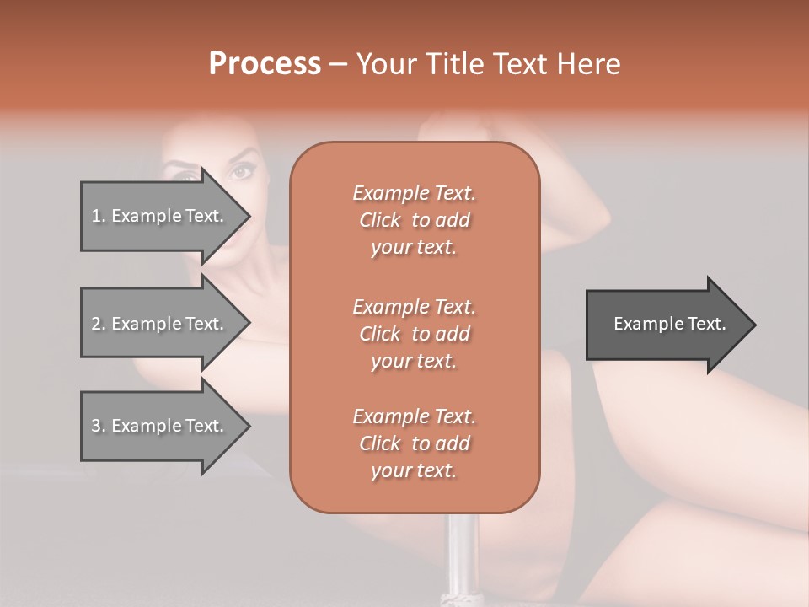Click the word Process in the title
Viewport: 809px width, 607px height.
point(265,64)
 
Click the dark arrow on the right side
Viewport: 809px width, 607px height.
point(666,325)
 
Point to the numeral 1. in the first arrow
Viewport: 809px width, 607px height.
point(99,216)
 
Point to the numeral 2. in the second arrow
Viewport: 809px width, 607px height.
point(99,324)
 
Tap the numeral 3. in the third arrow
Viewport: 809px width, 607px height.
point(99,426)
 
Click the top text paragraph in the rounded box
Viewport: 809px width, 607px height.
point(414,220)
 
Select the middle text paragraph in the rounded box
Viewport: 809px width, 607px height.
point(414,334)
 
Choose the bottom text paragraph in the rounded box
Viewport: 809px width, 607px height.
point(414,443)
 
